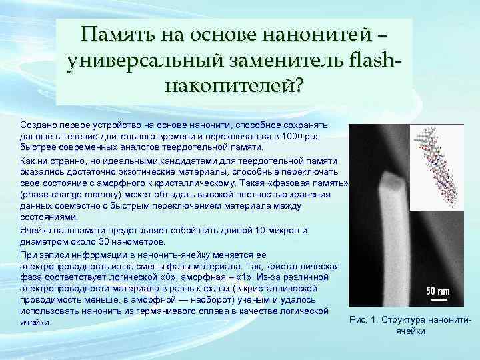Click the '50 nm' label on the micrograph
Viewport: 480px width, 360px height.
click(x=438, y=291)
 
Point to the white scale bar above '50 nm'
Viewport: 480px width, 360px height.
click(x=438, y=282)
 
